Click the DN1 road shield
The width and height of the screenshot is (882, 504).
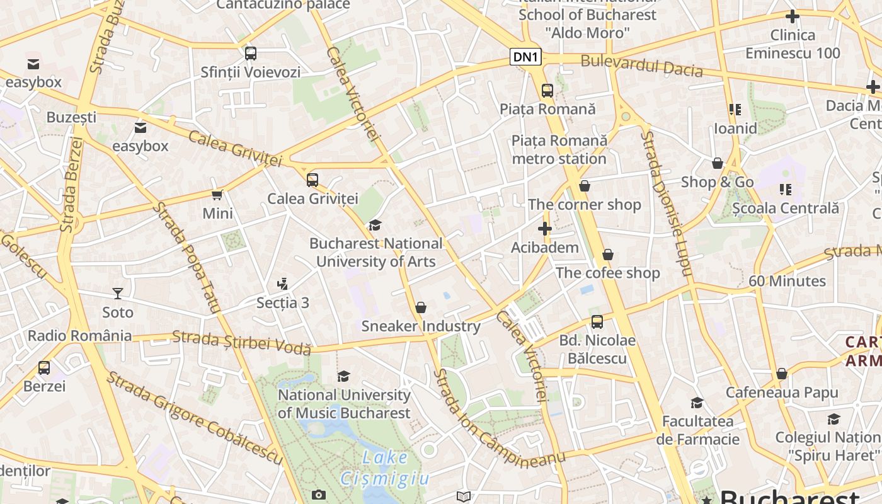(526, 57)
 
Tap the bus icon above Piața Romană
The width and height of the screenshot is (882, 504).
(547, 90)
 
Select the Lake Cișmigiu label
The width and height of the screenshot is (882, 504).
(385, 467)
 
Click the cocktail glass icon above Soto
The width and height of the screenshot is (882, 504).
(117, 293)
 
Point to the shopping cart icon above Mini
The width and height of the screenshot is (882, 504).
(217, 195)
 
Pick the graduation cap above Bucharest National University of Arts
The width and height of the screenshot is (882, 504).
(375, 225)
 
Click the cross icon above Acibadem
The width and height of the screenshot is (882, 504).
(545, 229)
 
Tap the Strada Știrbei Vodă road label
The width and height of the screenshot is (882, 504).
(242, 341)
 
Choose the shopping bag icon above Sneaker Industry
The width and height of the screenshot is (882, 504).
(421, 307)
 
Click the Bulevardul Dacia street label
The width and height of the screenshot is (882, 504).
(641, 66)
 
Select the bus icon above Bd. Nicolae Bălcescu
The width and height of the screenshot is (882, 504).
(597, 322)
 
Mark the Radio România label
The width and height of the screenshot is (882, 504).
(79, 335)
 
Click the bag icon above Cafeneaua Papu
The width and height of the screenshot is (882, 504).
(782, 374)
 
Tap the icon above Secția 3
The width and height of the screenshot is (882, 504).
(283, 284)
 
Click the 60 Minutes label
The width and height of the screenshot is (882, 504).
(787, 281)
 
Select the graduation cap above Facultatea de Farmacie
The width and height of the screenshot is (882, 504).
(697, 403)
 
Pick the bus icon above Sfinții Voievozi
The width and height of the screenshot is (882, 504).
(251, 54)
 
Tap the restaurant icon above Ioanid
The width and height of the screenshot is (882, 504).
(735, 110)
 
